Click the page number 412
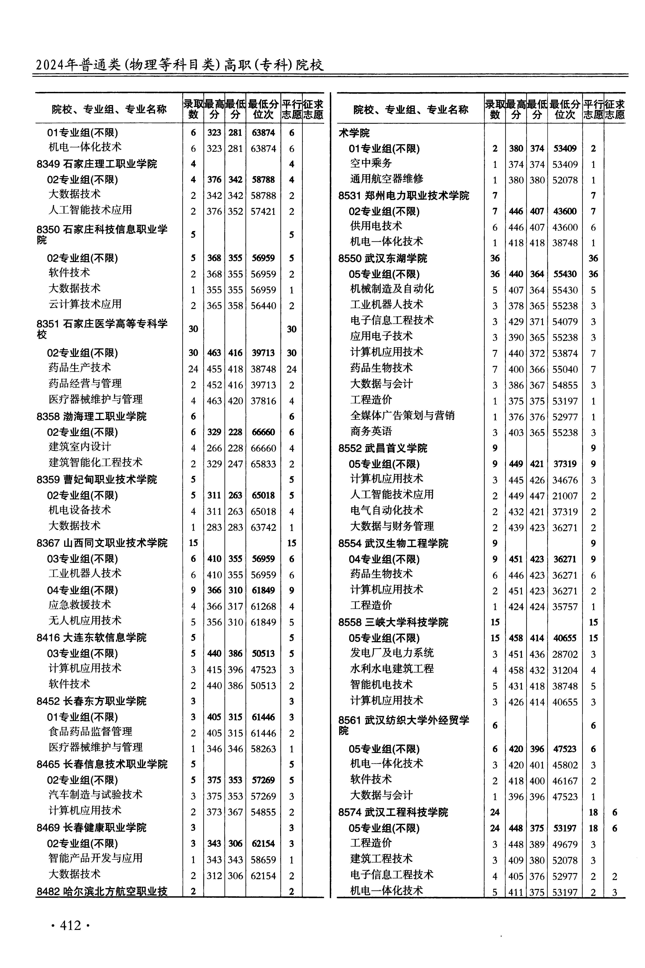70,925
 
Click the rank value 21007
565,496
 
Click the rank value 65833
263,464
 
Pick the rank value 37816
263,401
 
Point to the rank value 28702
565,655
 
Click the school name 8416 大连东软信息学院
91,638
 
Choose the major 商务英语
371,432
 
